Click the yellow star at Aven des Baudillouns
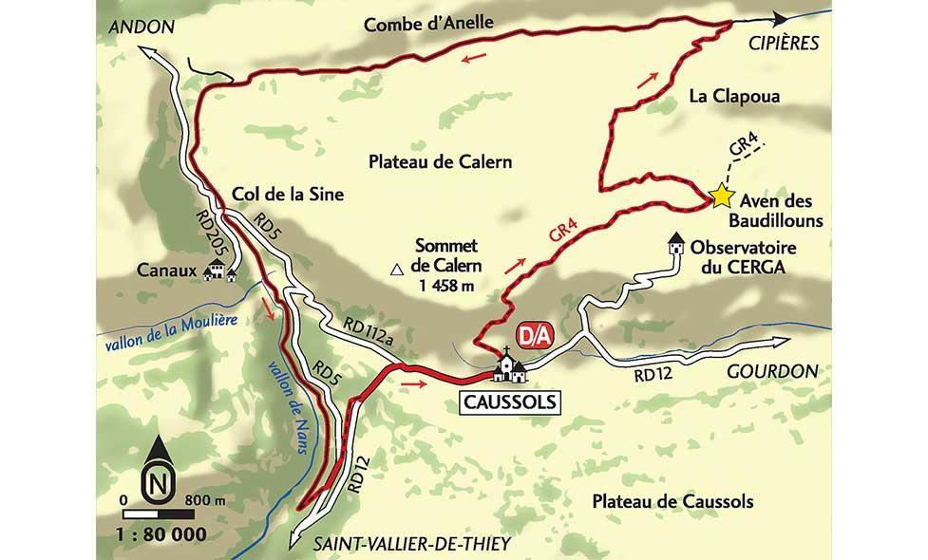pos(721,196)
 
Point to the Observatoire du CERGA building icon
pos(676,244)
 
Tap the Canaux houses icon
pos(220,271)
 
